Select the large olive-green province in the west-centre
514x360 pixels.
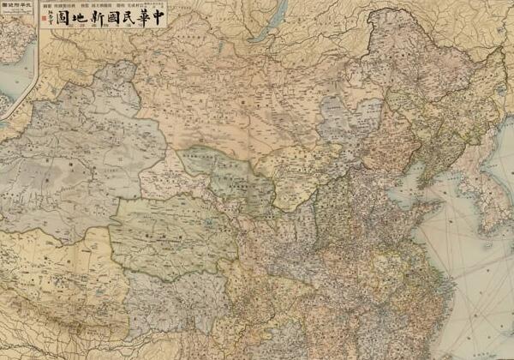171,231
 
